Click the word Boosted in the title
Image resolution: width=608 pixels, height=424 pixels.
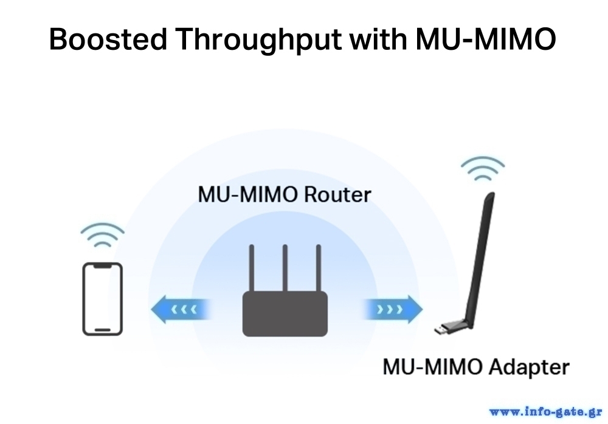pos(107,40)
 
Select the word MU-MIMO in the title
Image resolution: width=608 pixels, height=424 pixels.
pos(486,40)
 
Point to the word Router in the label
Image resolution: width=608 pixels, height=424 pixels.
pos(337,195)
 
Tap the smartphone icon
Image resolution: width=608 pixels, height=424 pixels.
pos(102,298)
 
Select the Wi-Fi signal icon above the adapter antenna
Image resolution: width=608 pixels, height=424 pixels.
pos(482,168)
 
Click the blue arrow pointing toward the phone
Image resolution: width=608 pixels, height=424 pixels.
pos(179,310)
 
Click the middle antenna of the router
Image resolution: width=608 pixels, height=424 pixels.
pos(285,267)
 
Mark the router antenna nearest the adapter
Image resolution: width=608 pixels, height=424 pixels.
pos(317,267)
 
